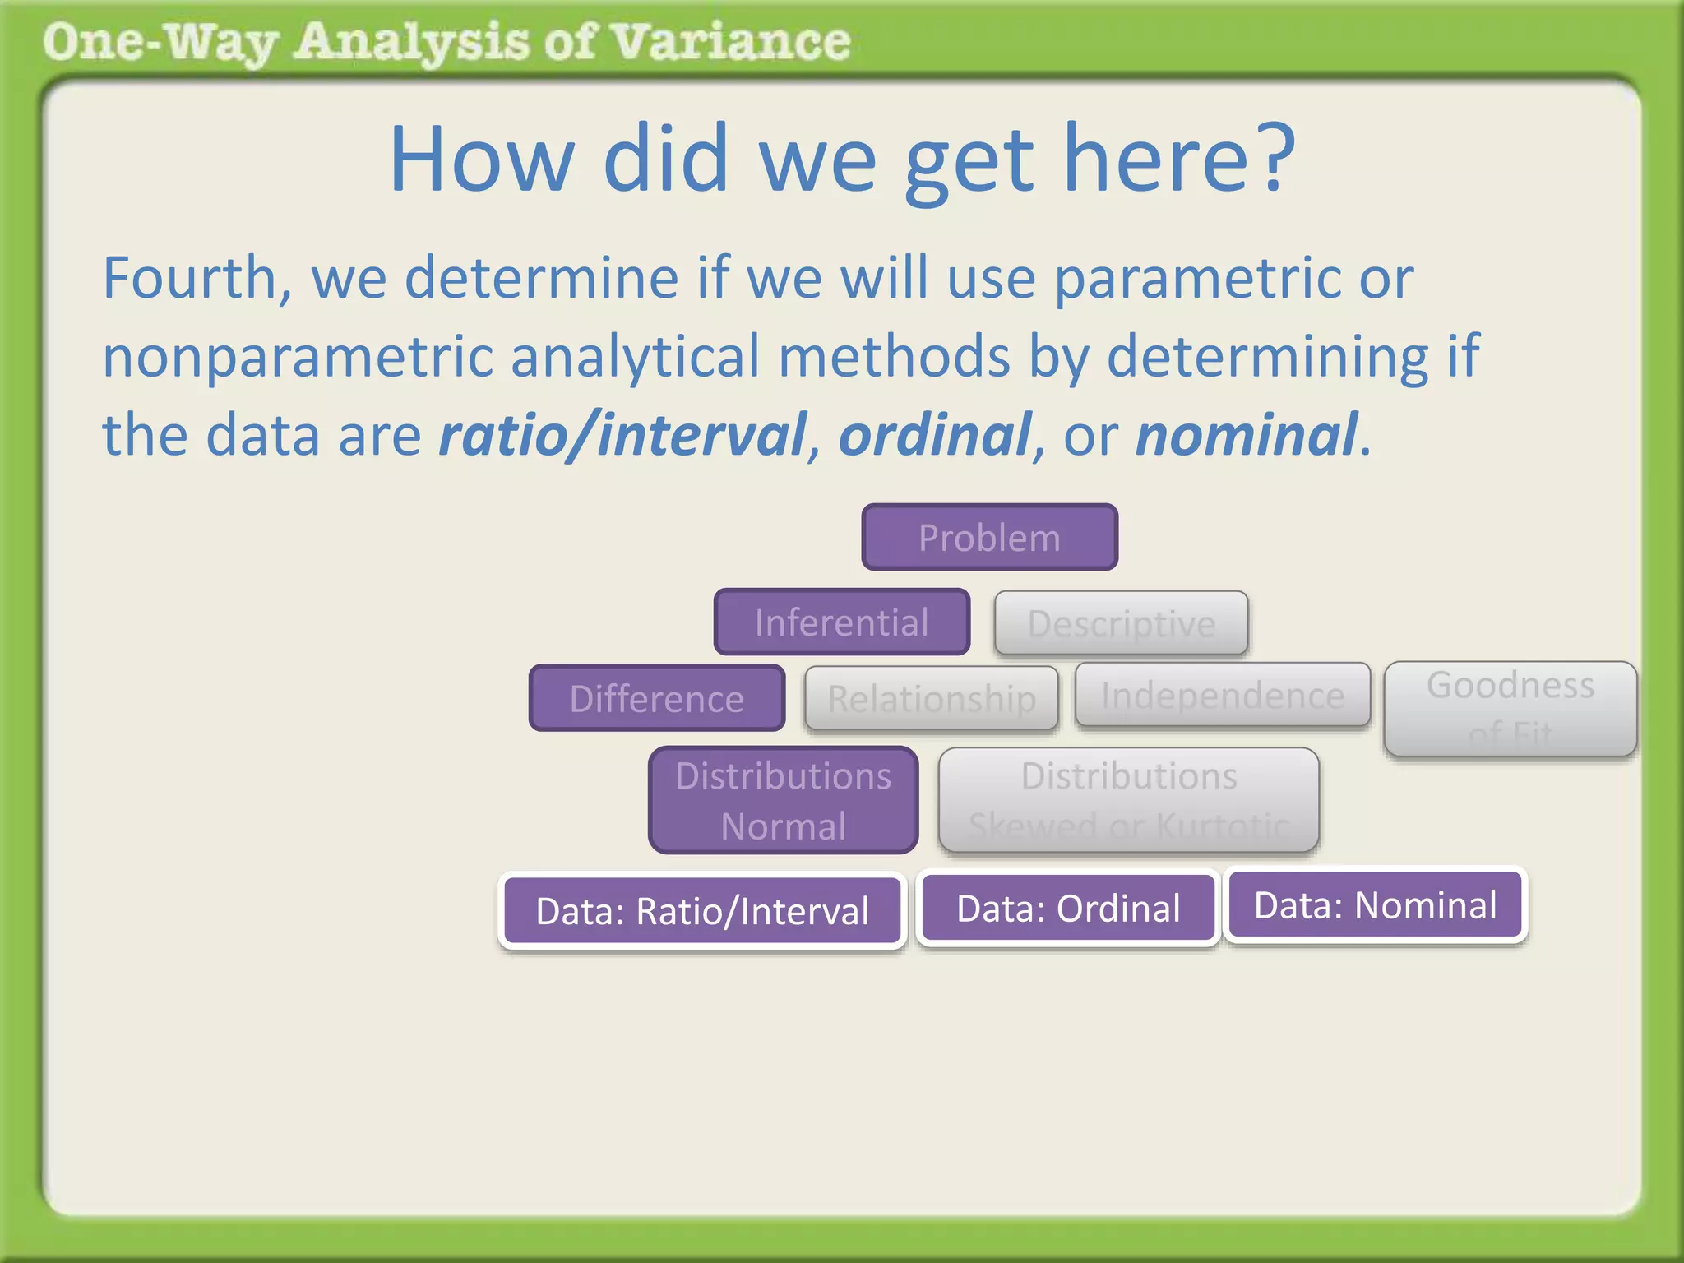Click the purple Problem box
point(989,538)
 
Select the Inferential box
point(842,622)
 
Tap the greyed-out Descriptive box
point(1121,623)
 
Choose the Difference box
point(657,699)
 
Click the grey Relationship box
point(932,699)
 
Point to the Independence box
point(1223,696)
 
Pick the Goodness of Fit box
point(1511,709)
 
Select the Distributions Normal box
point(784,800)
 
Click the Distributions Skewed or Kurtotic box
point(1129,800)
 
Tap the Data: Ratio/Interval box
point(702,911)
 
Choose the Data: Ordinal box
point(1068,909)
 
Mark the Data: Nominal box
point(1375,905)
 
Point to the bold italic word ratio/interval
point(622,435)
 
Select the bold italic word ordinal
point(934,435)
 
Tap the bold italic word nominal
point(1246,435)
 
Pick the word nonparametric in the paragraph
point(296,357)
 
